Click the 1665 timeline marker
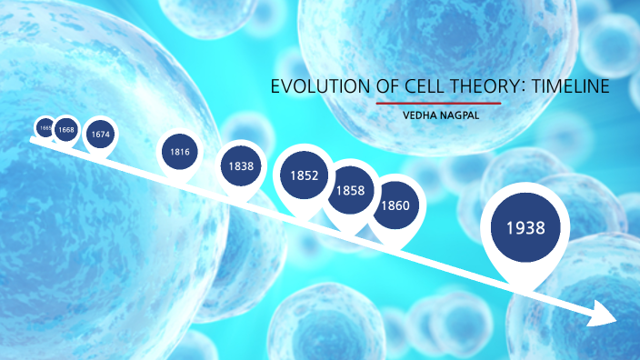[45, 128]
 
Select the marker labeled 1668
[66, 130]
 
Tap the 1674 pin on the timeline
[100, 135]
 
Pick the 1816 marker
[180, 151]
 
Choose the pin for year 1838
[242, 166]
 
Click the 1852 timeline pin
[305, 175]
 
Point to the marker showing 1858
[350, 190]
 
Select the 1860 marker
[395, 205]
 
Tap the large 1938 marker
[525, 227]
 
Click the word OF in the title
[383, 87]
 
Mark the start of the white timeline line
[33, 140]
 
